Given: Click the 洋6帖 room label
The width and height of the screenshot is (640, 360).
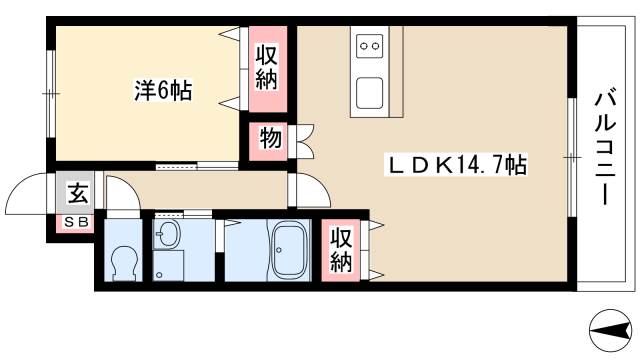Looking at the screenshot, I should click(163, 91).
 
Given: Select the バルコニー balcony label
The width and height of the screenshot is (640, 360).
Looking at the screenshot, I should click(603, 147).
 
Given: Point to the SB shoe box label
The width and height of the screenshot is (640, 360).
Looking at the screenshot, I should click(76, 222).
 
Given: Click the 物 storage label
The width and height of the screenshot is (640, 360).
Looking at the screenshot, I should click(270, 139).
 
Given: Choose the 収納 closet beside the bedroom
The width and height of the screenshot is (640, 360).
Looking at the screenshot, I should click(265, 68).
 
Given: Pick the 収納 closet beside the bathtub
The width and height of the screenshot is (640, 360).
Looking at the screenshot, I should click(341, 250).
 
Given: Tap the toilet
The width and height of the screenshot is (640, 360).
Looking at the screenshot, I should click(126, 263).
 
